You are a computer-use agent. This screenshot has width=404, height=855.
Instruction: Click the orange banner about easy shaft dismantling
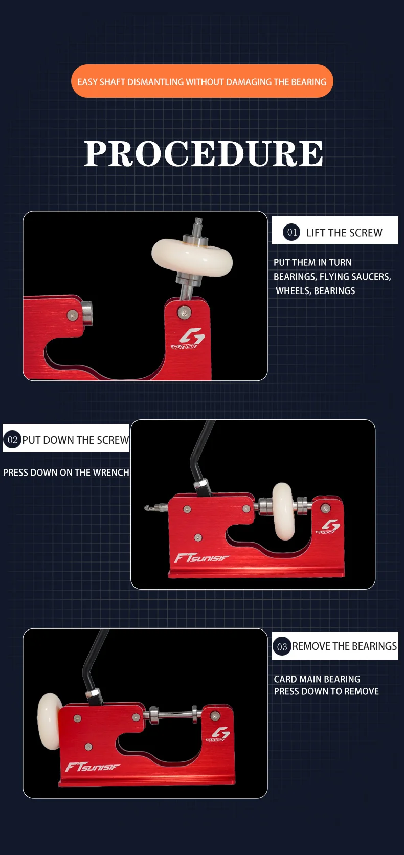click(202, 81)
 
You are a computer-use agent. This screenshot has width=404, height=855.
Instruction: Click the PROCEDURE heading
click(204, 153)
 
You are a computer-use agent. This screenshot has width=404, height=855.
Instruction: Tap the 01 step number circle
click(292, 232)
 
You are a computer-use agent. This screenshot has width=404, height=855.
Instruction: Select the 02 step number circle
click(12, 439)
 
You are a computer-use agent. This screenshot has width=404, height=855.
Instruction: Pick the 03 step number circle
click(282, 646)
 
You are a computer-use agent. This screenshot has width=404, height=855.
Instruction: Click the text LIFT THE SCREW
click(344, 233)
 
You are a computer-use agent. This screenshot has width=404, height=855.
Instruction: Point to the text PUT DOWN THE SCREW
click(76, 440)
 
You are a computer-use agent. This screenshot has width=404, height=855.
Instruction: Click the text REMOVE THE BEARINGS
click(345, 646)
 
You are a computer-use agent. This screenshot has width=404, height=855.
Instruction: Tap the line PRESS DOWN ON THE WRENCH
click(66, 472)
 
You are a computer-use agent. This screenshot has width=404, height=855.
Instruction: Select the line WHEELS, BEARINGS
click(316, 291)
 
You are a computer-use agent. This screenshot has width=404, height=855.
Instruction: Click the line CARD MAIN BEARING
click(317, 679)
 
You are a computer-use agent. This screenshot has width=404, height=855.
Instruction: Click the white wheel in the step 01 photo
click(192, 255)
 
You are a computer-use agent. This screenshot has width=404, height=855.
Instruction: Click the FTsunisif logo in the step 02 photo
click(202, 558)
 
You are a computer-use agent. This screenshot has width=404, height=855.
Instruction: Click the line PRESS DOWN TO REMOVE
click(326, 691)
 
